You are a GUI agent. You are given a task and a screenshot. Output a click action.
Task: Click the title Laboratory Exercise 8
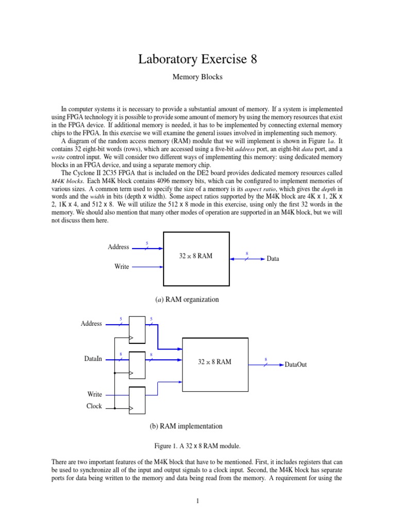[197, 60]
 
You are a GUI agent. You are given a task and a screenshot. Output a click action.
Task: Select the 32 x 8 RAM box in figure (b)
[215, 364]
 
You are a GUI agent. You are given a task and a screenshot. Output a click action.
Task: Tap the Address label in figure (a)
[118, 247]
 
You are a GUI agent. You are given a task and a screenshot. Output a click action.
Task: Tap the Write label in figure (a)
[121, 267]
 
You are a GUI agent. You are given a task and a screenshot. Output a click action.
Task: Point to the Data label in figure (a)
[273, 259]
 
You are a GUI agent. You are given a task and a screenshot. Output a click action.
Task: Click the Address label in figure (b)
[91, 324]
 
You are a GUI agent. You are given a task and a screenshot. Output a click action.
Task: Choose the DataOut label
[295, 364]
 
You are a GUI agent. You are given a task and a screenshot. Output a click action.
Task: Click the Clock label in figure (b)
[94, 407]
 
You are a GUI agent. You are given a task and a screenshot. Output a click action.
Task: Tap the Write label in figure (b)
[94, 394]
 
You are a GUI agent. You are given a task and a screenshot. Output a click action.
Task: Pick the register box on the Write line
[137, 400]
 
